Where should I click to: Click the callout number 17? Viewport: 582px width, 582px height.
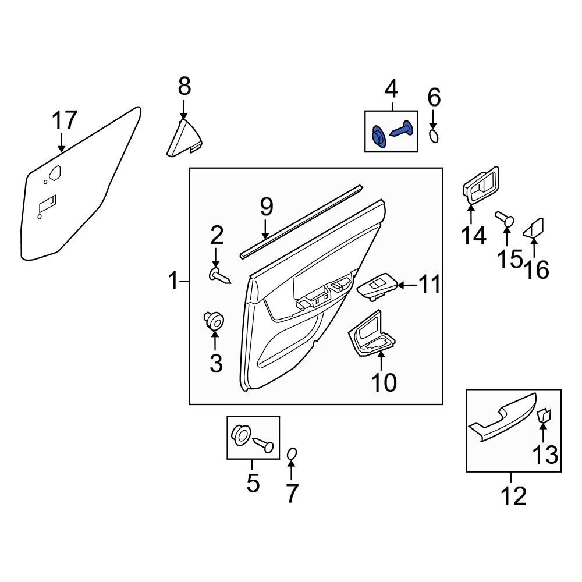coord(64,121)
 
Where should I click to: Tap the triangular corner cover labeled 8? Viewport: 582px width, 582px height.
coord(183,140)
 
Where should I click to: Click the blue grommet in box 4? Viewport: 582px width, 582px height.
coord(378,138)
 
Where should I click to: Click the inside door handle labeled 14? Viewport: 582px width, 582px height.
coord(481,186)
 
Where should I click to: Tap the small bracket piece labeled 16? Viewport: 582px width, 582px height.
coord(534,228)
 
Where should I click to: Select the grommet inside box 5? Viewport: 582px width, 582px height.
coord(241,435)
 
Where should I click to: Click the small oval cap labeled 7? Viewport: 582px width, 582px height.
coord(293,453)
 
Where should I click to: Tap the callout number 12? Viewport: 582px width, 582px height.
coord(513,496)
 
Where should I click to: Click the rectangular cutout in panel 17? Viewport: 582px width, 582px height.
coord(47,203)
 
